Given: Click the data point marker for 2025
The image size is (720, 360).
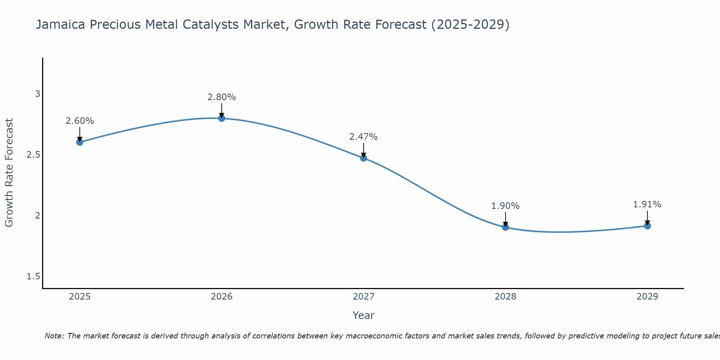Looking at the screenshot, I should [x=80, y=142].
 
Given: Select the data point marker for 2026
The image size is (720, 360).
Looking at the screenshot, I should [x=222, y=118].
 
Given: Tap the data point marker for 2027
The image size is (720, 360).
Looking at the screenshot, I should [x=364, y=158].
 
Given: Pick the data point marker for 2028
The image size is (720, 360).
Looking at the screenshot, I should [x=505, y=227].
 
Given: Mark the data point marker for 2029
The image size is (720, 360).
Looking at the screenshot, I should [x=647, y=226].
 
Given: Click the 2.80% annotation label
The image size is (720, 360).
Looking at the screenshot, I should [x=222, y=97].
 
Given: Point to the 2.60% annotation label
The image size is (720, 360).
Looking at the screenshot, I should [x=80, y=121].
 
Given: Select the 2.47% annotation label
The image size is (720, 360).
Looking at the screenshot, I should [x=364, y=137].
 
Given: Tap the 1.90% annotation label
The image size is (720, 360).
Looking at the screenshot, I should [x=505, y=206].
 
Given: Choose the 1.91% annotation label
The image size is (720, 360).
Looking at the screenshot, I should [x=647, y=204].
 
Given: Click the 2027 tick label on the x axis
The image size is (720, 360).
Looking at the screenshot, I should [x=364, y=297].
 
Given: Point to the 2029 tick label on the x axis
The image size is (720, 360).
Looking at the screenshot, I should [x=647, y=297].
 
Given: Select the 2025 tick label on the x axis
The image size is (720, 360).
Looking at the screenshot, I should [x=80, y=297].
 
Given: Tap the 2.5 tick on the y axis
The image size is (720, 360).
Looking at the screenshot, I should [x=33, y=155].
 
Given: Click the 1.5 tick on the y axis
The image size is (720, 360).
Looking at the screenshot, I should [x=33, y=276].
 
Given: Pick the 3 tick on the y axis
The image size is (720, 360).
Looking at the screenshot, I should [x=37, y=94].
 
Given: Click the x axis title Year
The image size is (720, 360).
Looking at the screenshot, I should [x=364, y=315].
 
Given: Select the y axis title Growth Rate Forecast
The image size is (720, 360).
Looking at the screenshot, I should [x=9, y=173].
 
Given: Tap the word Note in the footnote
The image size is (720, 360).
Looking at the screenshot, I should [x=54, y=336].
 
